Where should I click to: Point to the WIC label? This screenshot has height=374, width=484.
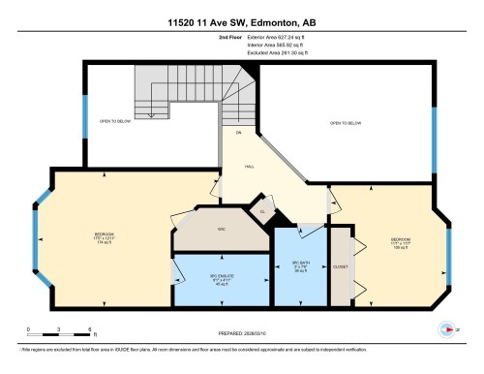pyautogui.click(x=221, y=229)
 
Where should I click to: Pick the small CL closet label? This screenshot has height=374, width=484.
pyautogui.click(x=261, y=209)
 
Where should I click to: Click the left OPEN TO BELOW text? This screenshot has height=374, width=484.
pyautogui.click(x=114, y=122)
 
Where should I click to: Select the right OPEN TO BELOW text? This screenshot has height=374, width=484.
pyautogui.click(x=346, y=123)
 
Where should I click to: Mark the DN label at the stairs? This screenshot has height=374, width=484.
pyautogui.click(x=237, y=132)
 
